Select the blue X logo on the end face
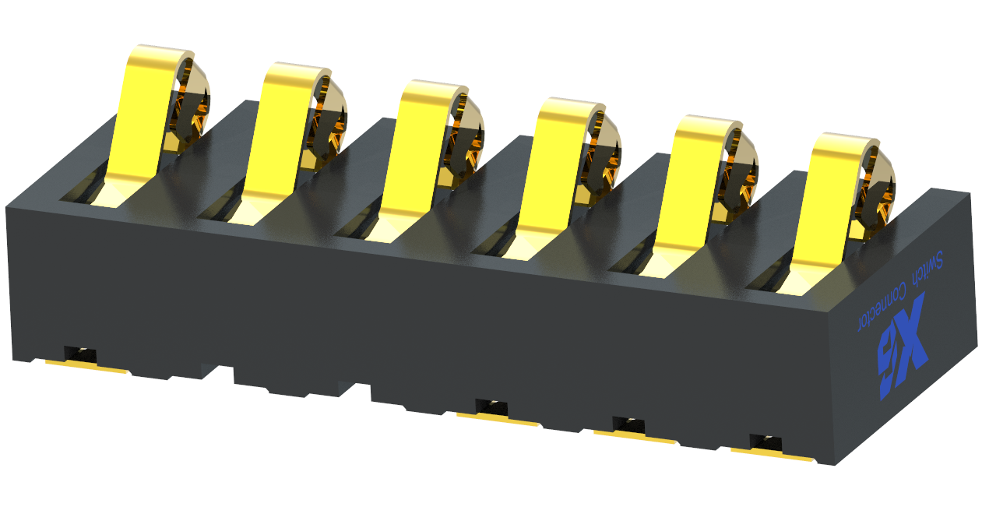903,347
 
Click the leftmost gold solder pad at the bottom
86,368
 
